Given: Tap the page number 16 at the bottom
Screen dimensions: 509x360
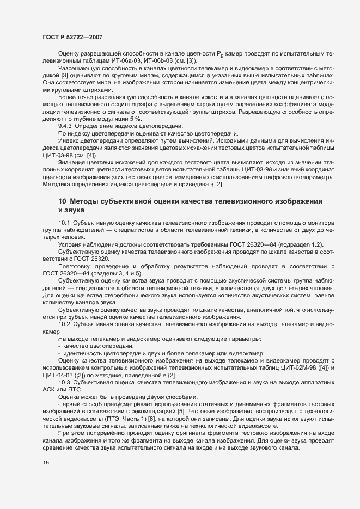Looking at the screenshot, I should click(x=46, y=478).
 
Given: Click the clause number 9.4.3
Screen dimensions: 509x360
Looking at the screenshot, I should click(x=66, y=126).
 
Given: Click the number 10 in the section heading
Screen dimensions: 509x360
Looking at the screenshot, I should click(x=62, y=202).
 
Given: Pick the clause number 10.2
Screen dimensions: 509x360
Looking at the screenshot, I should click(x=64, y=324).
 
